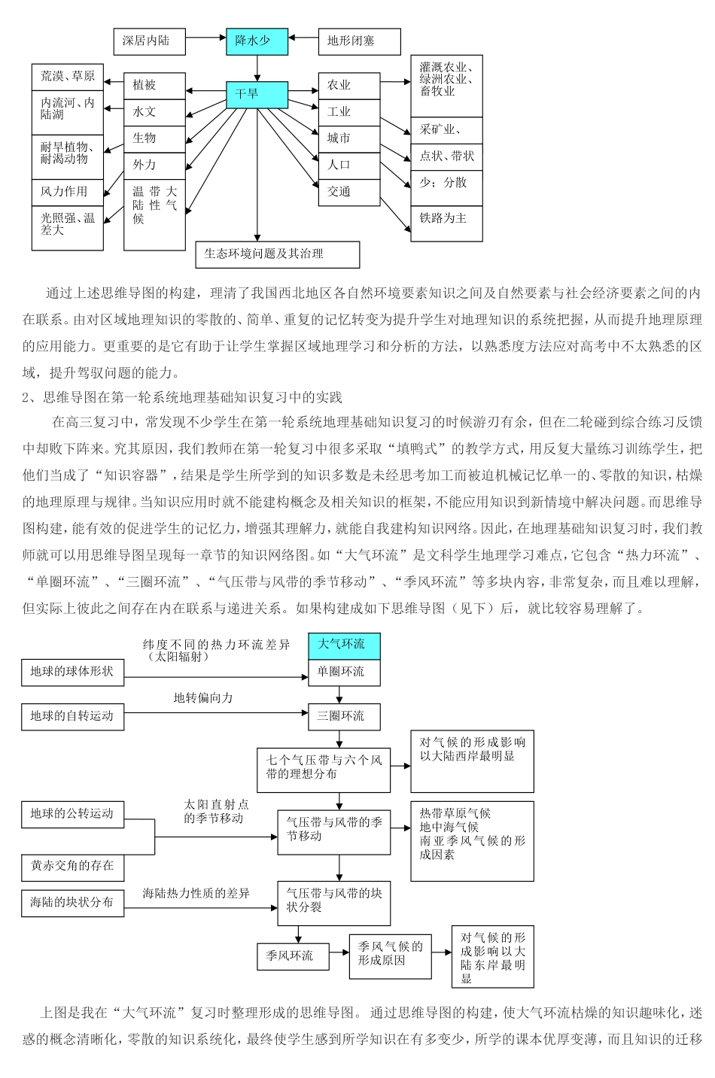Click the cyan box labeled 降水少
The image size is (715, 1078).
coord(257,41)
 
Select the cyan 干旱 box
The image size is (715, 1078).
coord(257,94)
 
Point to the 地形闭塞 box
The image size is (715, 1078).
coord(358,41)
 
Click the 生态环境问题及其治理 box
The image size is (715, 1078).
coord(277,254)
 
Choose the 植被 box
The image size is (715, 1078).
coord(154,85)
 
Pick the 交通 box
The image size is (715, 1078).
coord(348,191)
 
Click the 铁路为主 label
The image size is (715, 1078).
coord(446,218)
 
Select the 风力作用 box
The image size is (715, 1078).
coord(67,191)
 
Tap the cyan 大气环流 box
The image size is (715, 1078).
coord(344,645)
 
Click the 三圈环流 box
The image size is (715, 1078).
coord(344,715)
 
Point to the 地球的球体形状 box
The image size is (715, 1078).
coord(71,671)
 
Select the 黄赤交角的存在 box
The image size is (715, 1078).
coord(71,866)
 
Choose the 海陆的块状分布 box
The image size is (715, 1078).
coord(71,902)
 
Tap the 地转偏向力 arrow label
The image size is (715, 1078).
coord(203,698)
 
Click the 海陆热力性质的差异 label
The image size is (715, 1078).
coord(196,893)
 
